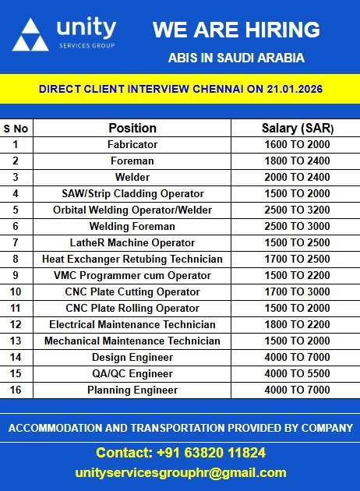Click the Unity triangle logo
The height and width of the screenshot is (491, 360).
(30, 35)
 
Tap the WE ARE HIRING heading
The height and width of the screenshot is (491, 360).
(236, 30)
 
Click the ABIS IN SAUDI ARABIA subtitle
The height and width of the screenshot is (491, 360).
(236, 58)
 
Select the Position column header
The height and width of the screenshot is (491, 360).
(132, 128)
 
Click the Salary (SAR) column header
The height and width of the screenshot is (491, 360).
(295, 128)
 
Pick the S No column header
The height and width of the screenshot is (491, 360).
(16, 128)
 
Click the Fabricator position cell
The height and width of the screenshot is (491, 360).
(132, 144)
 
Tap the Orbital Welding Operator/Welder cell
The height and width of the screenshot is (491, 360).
(132, 210)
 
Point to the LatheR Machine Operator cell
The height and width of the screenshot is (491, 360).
(132, 242)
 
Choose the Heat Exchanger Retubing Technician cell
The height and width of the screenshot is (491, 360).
(132, 259)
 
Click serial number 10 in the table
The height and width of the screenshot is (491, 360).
(16, 291)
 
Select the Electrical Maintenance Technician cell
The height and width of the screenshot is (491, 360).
(132, 324)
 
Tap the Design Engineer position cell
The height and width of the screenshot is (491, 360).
(132, 357)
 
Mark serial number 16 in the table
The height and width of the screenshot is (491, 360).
(16, 390)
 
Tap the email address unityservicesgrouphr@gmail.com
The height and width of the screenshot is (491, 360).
(180, 472)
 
